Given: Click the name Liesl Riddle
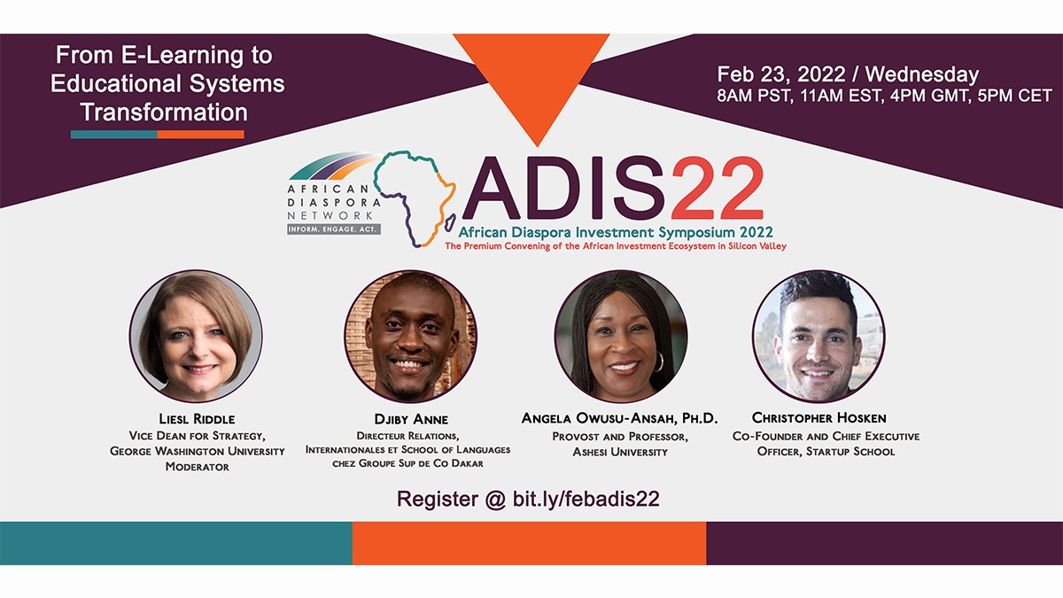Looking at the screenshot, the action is click(x=197, y=419).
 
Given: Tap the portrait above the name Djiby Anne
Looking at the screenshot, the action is click(x=411, y=336).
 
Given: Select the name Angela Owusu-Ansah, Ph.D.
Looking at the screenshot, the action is click(x=620, y=418).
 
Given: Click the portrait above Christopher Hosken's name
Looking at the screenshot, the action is click(x=819, y=336).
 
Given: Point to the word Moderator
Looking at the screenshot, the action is click(x=197, y=467).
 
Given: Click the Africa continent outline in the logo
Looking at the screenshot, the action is click(x=415, y=198).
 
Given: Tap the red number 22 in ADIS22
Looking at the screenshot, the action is click(x=718, y=189).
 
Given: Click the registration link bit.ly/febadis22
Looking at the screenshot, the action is click(x=586, y=500).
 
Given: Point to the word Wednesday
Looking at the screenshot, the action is click(x=922, y=74).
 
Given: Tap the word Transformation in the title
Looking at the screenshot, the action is click(x=164, y=113).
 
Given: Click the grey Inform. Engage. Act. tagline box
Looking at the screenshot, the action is click(x=334, y=229).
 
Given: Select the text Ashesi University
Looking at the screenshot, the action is click(x=620, y=452).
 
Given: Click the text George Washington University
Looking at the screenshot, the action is click(x=197, y=451).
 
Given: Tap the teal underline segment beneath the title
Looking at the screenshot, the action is click(x=114, y=135).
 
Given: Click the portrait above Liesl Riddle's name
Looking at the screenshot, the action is click(x=196, y=336).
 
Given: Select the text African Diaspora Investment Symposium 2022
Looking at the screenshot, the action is click(x=616, y=232).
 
